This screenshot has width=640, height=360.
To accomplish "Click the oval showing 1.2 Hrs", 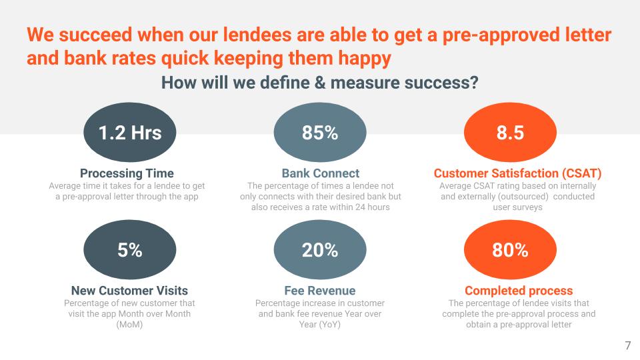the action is [130, 132].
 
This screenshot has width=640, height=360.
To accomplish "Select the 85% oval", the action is [320, 132].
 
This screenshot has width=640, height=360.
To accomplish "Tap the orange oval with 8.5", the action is [510, 132].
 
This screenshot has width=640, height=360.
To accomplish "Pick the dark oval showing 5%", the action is [130, 249].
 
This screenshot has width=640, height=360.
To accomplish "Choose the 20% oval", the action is [320, 249].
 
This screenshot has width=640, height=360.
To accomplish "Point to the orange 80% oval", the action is [510, 249].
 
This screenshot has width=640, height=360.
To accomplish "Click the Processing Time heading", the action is [127, 173].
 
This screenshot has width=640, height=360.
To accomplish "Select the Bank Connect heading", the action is [321, 173].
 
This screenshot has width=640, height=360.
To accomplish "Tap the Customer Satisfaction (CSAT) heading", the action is [517, 173].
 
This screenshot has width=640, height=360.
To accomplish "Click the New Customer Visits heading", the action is [130, 291].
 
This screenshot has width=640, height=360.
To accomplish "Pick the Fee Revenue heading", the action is [320, 291].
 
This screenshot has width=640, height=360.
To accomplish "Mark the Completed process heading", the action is [519, 291].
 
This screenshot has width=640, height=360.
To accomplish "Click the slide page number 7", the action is [628, 346].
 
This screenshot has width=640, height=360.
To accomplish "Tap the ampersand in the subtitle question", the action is [320, 83].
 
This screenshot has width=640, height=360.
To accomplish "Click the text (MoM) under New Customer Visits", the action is [129, 325].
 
